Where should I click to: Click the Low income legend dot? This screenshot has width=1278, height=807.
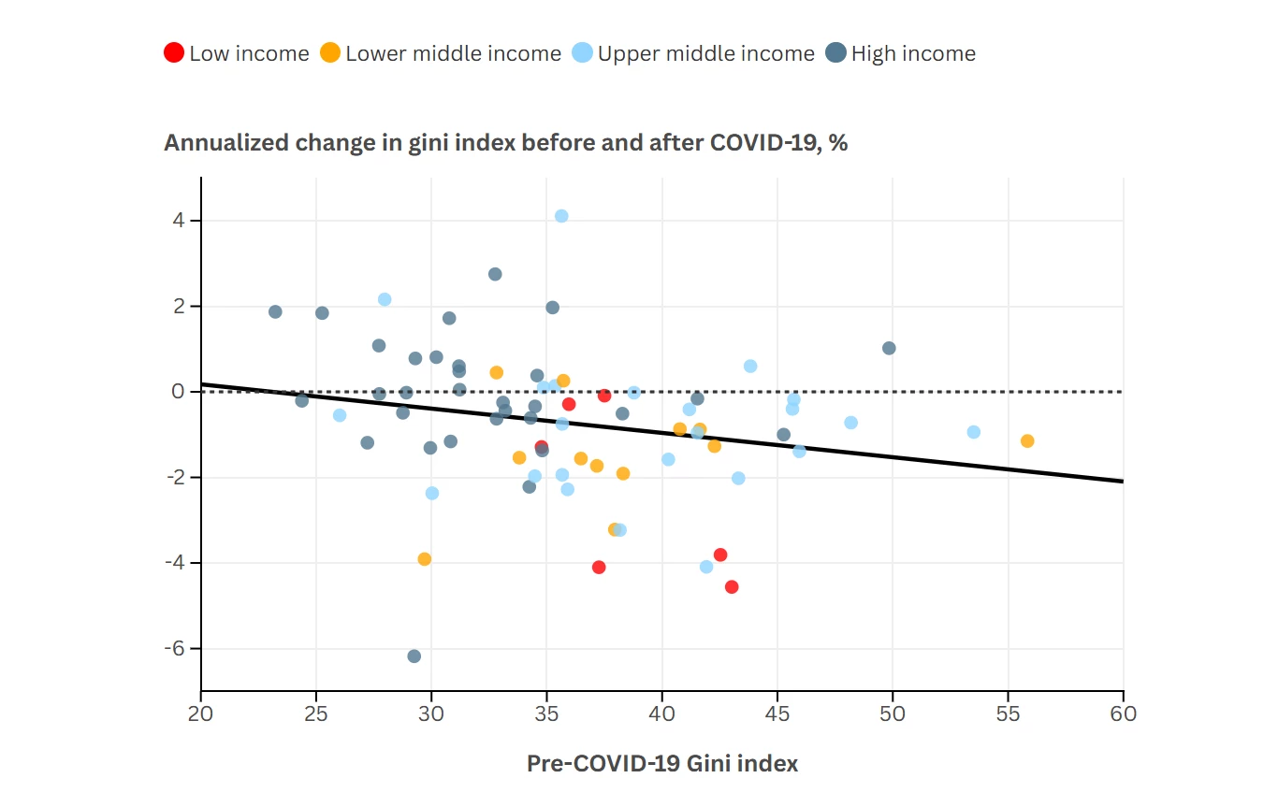point(174,53)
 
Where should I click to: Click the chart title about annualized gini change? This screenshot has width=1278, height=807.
point(505,143)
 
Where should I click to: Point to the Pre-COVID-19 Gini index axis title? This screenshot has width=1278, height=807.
point(662,763)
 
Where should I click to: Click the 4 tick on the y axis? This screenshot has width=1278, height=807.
point(179,221)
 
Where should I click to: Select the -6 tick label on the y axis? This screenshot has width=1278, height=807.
point(175,649)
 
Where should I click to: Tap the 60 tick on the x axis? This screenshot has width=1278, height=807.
point(1123,713)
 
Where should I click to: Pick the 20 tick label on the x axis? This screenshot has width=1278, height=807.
point(200,713)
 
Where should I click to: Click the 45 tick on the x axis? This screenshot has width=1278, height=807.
point(777,713)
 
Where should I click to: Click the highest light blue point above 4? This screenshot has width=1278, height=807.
point(561,216)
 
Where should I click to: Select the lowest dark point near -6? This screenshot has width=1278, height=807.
point(414,656)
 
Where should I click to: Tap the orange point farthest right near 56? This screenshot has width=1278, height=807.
point(1027,441)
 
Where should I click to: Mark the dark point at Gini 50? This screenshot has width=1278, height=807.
point(889,348)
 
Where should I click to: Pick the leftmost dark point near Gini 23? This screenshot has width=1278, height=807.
point(275,311)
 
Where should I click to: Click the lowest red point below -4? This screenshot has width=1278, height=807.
point(732,587)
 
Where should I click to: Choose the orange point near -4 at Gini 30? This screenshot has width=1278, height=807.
point(425,559)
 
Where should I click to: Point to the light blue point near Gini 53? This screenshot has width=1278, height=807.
point(974,432)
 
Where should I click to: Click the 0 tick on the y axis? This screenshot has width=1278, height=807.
point(179,392)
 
